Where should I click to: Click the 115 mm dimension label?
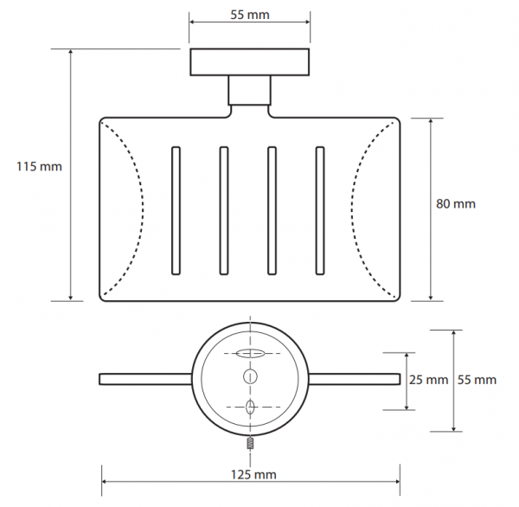click(x=40, y=166)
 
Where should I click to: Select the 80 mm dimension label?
click(x=456, y=203)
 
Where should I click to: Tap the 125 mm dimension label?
click(x=253, y=474)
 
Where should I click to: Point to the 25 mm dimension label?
click(x=429, y=380)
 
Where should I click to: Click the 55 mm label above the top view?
click(x=250, y=15)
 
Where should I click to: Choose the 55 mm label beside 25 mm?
click(x=477, y=380)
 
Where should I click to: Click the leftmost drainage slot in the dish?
click(x=176, y=210)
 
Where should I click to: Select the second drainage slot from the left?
click(x=224, y=210)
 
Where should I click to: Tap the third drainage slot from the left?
click(x=272, y=210)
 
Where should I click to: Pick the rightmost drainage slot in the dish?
click(x=320, y=210)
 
